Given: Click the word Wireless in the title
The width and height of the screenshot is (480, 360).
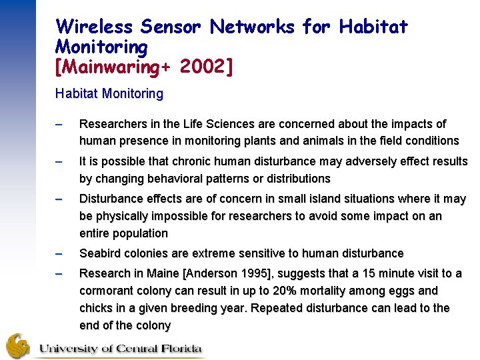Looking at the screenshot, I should (x=95, y=27).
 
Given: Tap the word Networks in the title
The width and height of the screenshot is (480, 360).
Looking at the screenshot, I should (x=252, y=27).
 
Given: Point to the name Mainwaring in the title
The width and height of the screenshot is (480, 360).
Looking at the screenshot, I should (x=111, y=67).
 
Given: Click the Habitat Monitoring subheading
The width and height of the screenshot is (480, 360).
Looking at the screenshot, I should (x=109, y=94).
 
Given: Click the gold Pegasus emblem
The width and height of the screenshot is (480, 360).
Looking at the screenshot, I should (x=19, y=345).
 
